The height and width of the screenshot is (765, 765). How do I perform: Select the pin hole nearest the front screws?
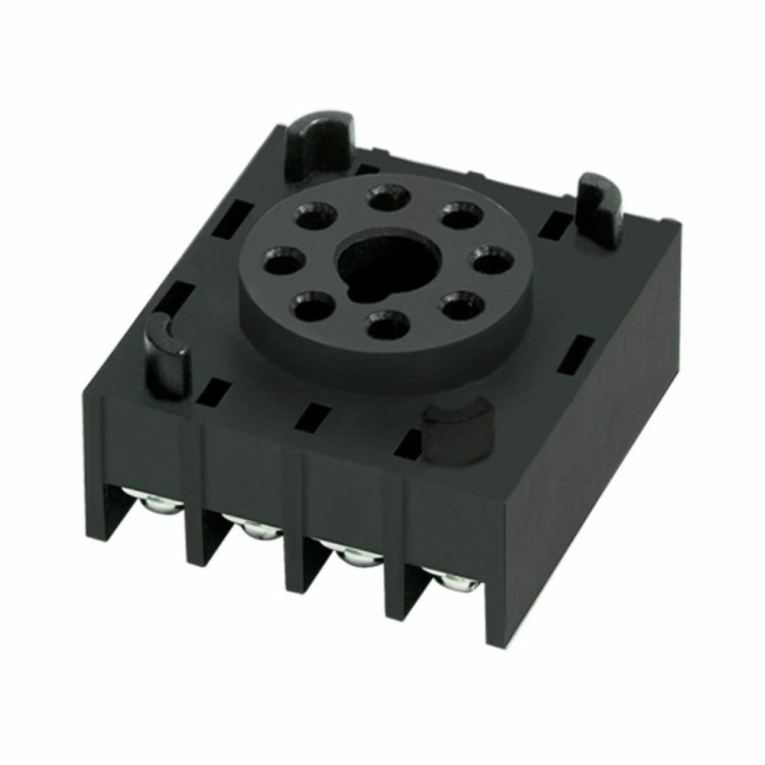coord(387,326)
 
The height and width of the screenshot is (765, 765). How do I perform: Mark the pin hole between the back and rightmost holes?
coord(461,216)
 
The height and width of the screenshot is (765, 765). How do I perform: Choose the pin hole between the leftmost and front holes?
coord(314,308)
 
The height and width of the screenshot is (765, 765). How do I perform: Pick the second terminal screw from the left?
coord(255,528)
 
